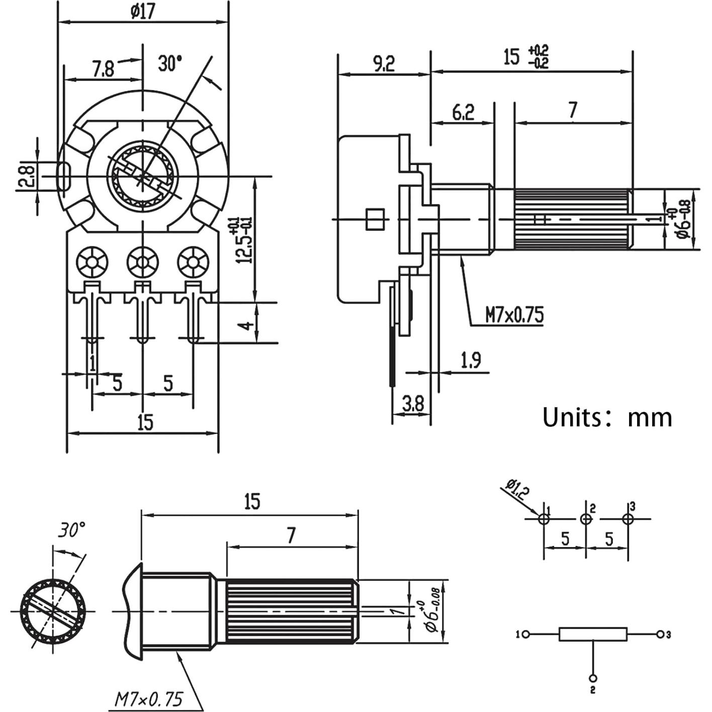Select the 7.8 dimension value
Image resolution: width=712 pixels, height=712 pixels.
[x=103, y=68]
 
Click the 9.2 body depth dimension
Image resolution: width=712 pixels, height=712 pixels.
[x=383, y=63]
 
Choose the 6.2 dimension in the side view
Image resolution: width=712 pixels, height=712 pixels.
[x=463, y=112]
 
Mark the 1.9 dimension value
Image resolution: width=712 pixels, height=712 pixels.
[x=471, y=360]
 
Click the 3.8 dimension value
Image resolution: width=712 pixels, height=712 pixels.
[x=413, y=403]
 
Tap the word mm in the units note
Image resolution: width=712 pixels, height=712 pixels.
[x=650, y=417]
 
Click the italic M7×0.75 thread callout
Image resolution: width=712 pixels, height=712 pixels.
[x=149, y=699]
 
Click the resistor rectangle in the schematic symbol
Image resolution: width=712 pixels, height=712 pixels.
[x=593, y=634]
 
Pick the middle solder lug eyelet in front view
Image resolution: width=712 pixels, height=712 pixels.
[x=143, y=262]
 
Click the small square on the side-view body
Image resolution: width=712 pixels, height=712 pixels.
[x=375, y=219]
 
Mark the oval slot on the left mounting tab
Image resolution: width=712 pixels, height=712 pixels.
[x=63, y=176]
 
